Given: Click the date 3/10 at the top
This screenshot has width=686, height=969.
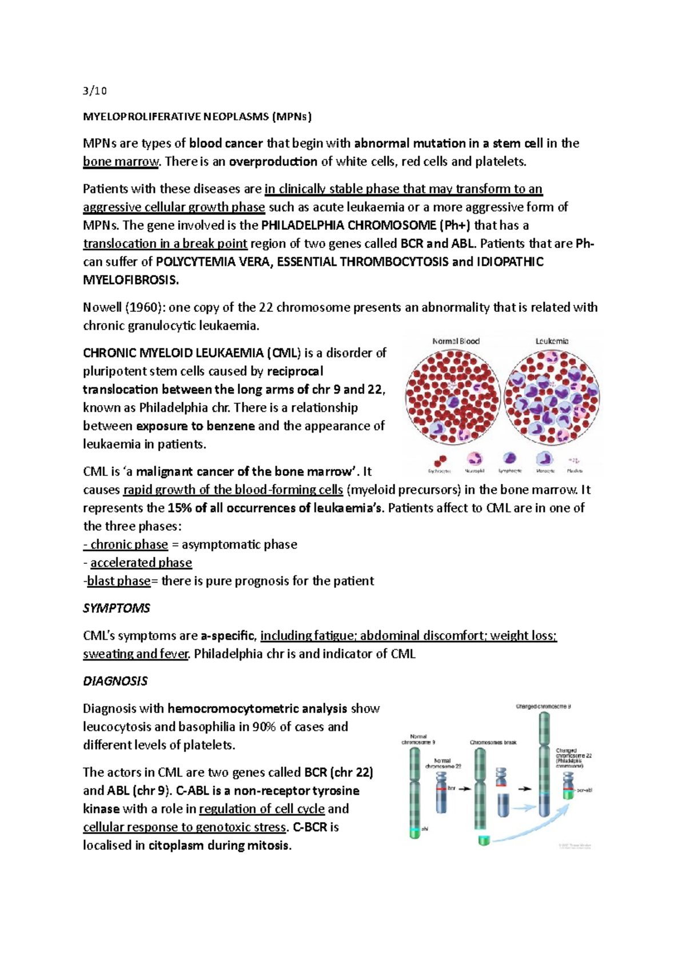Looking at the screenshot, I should [x=94, y=90].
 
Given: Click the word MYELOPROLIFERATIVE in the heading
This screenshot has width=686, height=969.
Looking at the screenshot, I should [x=141, y=117].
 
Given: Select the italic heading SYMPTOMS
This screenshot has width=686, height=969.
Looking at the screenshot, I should [x=116, y=608].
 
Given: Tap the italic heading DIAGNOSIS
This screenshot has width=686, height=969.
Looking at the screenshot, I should [x=115, y=681].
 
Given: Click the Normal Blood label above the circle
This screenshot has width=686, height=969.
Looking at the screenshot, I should [x=456, y=341].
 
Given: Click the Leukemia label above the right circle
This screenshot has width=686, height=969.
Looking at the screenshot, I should [x=552, y=341].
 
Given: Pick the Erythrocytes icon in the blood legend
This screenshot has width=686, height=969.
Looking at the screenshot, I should [x=440, y=460].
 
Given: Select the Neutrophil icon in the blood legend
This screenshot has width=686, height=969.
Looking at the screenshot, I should [x=474, y=459].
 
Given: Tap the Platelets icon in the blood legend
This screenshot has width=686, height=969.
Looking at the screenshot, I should [x=574, y=460].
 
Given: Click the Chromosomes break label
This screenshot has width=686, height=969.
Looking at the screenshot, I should [x=493, y=742].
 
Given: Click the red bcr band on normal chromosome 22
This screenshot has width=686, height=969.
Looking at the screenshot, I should [x=440, y=788].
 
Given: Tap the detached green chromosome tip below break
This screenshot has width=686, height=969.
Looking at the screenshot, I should [x=484, y=840].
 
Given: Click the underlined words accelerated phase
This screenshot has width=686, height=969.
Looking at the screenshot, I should [x=141, y=563].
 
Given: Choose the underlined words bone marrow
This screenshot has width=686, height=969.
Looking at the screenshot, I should [x=121, y=162].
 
